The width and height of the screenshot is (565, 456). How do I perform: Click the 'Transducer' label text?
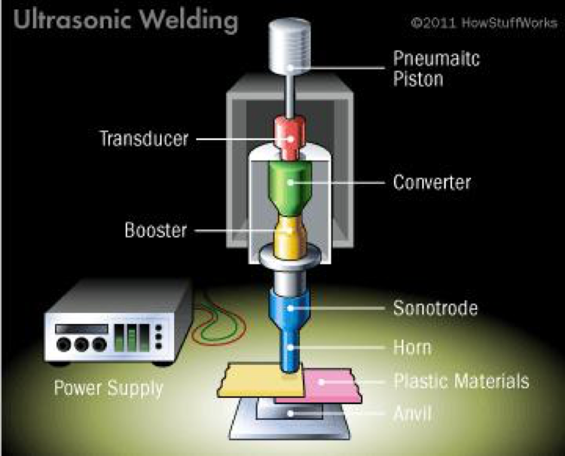tap(144, 139)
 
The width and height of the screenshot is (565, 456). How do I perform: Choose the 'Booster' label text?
tap(154, 231)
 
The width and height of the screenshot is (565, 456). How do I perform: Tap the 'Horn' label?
tap(413, 347)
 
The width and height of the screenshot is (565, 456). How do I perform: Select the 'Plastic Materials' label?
tap(462, 381)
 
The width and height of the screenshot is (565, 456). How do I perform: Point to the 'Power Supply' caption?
tap(108, 390)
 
